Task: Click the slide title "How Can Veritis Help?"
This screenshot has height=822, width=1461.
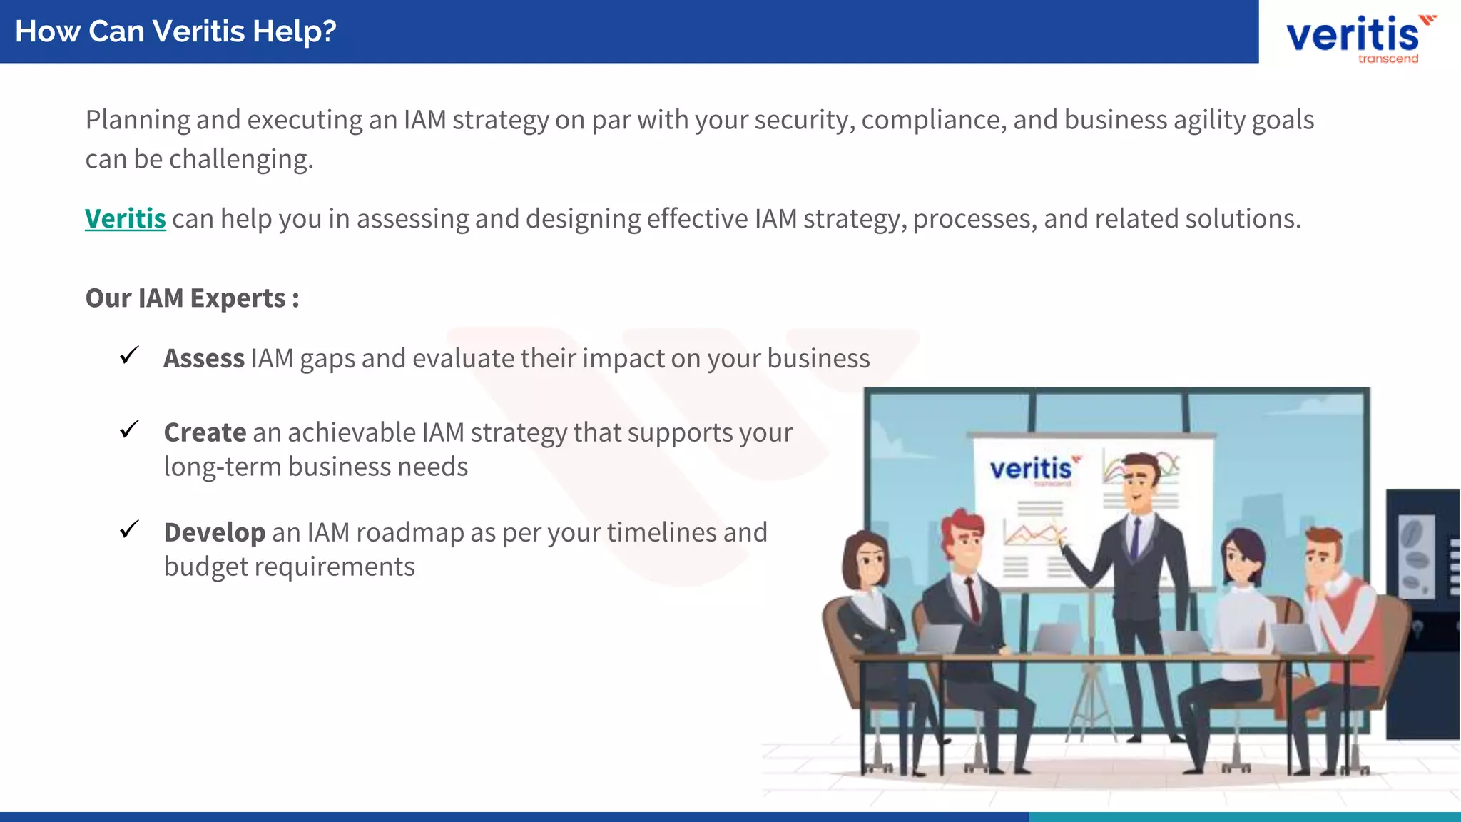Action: click(x=175, y=31)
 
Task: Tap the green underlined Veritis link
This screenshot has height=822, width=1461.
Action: click(x=126, y=218)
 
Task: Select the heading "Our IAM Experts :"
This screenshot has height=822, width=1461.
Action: click(x=192, y=298)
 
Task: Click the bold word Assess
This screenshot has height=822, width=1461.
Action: click(x=204, y=358)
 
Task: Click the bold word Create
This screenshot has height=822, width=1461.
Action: click(x=205, y=432)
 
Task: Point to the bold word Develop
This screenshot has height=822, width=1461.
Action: click(x=214, y=532)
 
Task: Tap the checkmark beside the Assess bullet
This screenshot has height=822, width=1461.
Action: click(x=129, y=355)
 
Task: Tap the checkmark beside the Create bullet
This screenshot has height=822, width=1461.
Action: click(x=129, y=429)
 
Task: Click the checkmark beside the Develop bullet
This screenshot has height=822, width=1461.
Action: click(x=129, y=529)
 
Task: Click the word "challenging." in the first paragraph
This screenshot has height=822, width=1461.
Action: click(x=241, y=159)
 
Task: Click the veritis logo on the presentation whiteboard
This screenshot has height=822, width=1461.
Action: click(x=1032, y=469)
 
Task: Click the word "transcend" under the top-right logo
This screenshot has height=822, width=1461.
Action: click(x=1388, y=59)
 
